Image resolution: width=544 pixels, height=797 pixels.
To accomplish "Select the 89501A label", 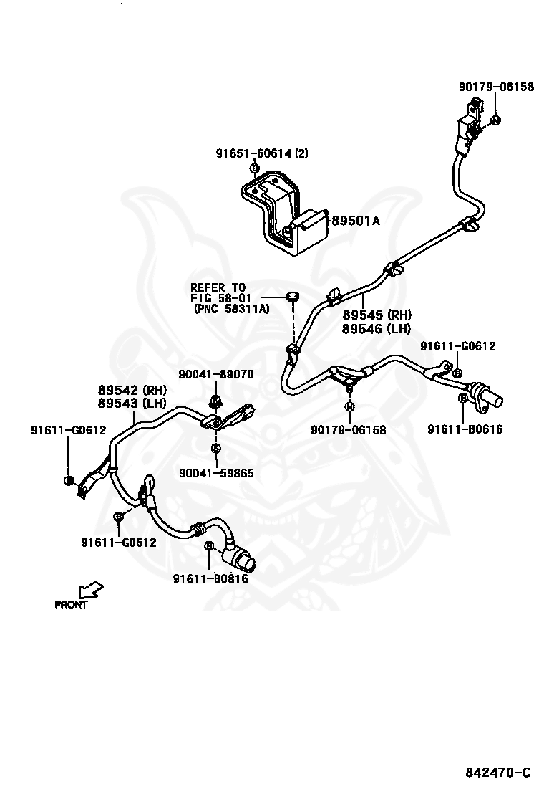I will (x=354, y=221).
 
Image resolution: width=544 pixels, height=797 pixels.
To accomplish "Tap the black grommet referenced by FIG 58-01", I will (x=291, y=296).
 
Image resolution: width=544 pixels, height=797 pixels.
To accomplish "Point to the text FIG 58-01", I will (x=218, y=298).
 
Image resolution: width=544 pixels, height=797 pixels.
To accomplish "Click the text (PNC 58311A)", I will (x=230, y=309).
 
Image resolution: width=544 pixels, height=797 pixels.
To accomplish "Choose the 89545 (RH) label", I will (x=377, y=315).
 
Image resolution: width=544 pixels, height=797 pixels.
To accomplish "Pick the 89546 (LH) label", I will (x=377, y=328).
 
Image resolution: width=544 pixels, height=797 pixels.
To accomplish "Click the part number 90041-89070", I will (x=215, y=374).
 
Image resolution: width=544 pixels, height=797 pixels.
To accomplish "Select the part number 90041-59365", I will (x=216, y=473).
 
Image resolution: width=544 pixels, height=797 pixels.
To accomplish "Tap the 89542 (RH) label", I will (x=132, y=391).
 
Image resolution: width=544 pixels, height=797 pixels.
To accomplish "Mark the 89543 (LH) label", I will (x=132, y=403).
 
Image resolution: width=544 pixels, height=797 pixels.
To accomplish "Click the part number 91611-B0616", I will (x=465, y=429).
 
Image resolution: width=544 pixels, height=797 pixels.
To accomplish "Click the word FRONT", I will (x=71, y=605).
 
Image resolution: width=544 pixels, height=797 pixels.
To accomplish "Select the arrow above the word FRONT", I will (x=91, y=591).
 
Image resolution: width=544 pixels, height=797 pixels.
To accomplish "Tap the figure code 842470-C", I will (x=497, y=773).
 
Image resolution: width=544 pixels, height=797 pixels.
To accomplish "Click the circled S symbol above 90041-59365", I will (x=215, y=449).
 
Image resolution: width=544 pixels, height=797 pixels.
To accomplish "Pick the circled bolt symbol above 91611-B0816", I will (x=209, y=547).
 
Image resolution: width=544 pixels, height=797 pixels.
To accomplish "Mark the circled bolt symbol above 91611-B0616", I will (x=463, y=398).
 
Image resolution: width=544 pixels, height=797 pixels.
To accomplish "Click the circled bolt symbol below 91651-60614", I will (x=254, y=168).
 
